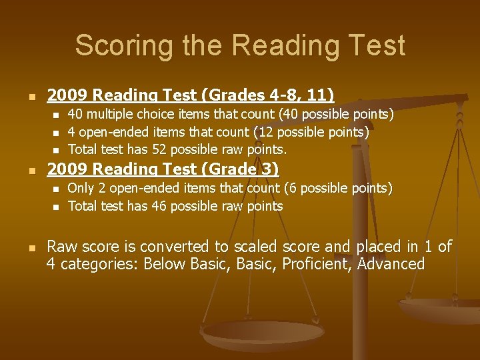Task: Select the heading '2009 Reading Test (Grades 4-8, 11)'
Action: pos(190,95)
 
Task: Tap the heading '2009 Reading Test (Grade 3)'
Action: pos(162,169)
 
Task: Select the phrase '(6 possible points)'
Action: pos(338,189)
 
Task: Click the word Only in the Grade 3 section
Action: pos(81,189)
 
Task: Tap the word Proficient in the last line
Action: pos(317,264)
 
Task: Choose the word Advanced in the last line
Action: pos(391,264)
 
